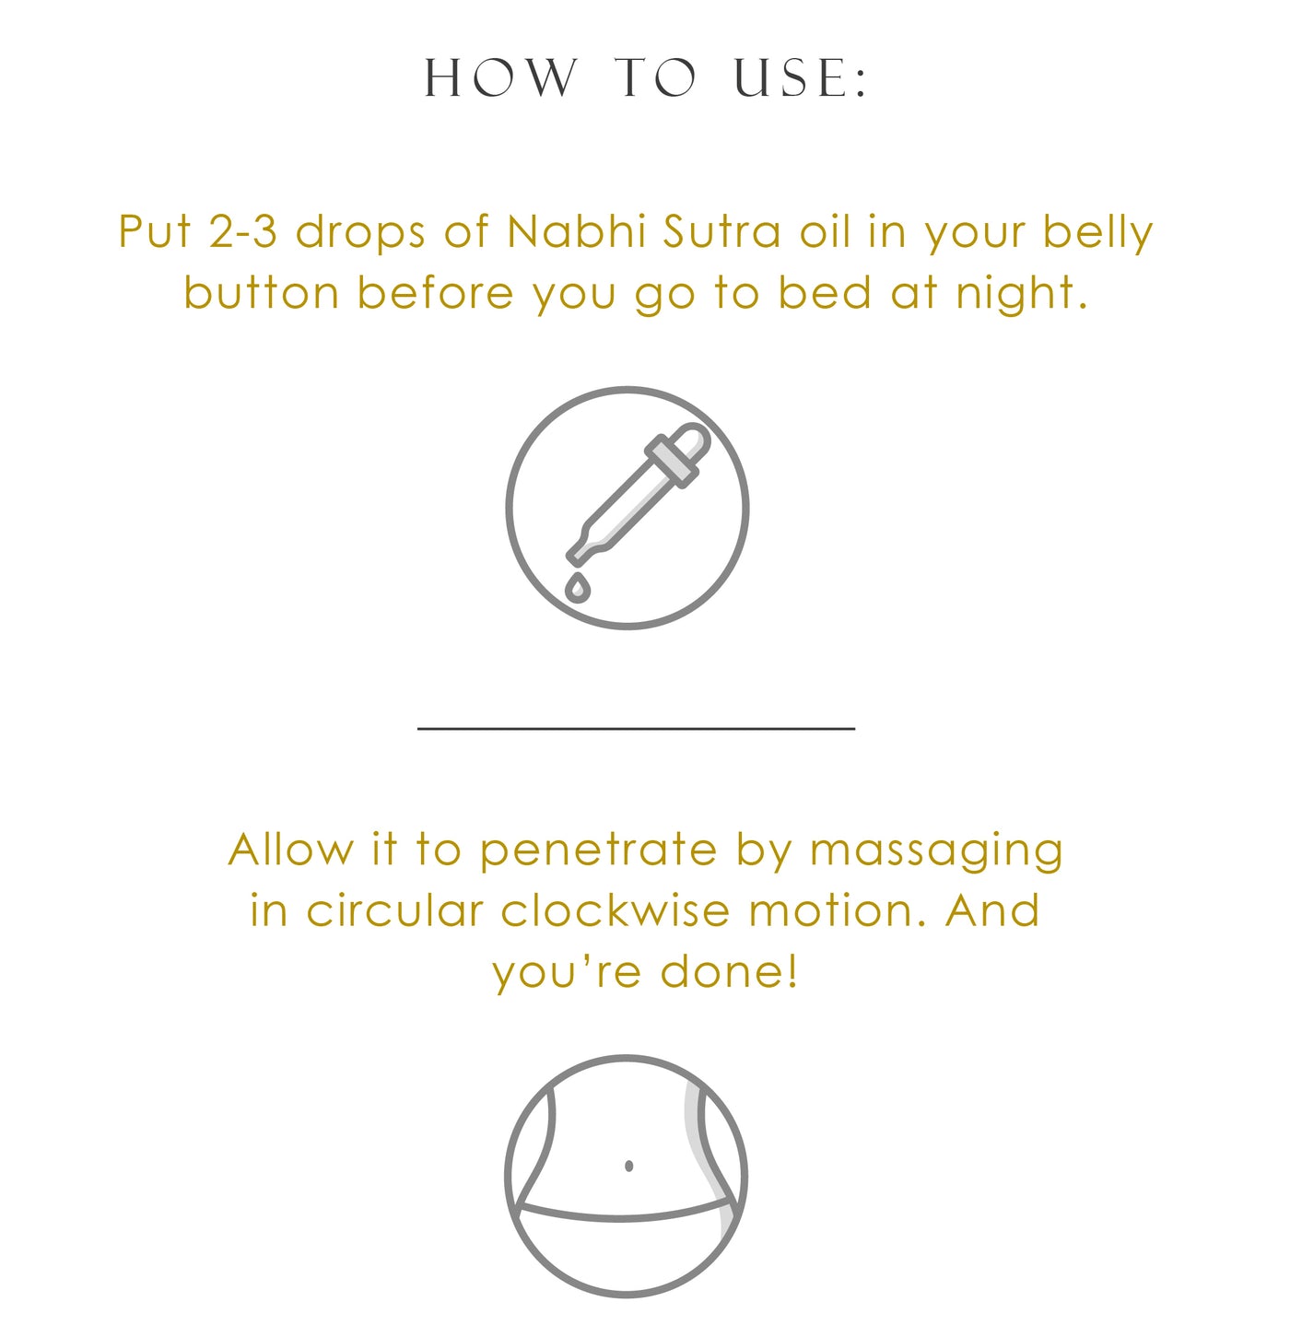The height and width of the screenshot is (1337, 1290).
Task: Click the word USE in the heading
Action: pyautogui.click(x=800, y=77)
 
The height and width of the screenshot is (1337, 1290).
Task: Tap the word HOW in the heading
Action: pyautogui.click(x=501, y=77)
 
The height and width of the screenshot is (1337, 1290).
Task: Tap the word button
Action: pyautogui.click(x=262, y=293)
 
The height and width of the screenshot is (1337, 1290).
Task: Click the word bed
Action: pyautogui.click(x=825, y=292)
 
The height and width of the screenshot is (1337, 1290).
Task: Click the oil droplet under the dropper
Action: pyautogui.click(x=576, y=586)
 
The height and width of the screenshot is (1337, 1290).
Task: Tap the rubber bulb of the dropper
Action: pyautogui.click(x=686, y=444)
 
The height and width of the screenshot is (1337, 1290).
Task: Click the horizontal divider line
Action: pyautogui.click(x=636, y=728)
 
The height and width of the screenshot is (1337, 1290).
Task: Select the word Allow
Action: pyautogui.click(x=291, y=850)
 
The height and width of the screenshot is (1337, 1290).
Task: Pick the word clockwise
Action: pyautogui.click(x=615, y=910)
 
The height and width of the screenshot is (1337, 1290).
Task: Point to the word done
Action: pyautogui.click(x=730, y=971)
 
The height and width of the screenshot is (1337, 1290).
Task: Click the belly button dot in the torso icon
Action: pyautogui.click(x=628, y=1166)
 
